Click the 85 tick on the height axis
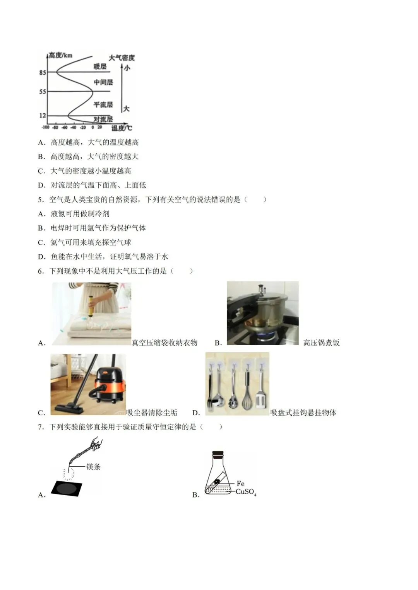[x=42, y=72]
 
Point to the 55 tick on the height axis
[x=42, y=92]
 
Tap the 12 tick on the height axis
[x=42, y=116]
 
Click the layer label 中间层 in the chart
[x=103, y=82]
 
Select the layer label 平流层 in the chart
[x=103, y=104]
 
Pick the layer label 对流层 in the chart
[x=103, y=119]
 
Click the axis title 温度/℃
[x=121, y=128]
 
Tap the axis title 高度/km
[x=61, y=56]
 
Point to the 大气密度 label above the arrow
[x=122, y=58]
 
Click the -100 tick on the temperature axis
[x=45, y=127]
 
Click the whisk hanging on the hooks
[x=247, y=390]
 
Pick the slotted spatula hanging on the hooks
[x=261, y=390]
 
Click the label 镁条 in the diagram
[x=93, y=467]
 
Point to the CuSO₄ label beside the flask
[x=246, y=492]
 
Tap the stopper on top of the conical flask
[x=218, y=454]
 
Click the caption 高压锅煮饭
[x=321, y=343]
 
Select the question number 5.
[x=40, y=200]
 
